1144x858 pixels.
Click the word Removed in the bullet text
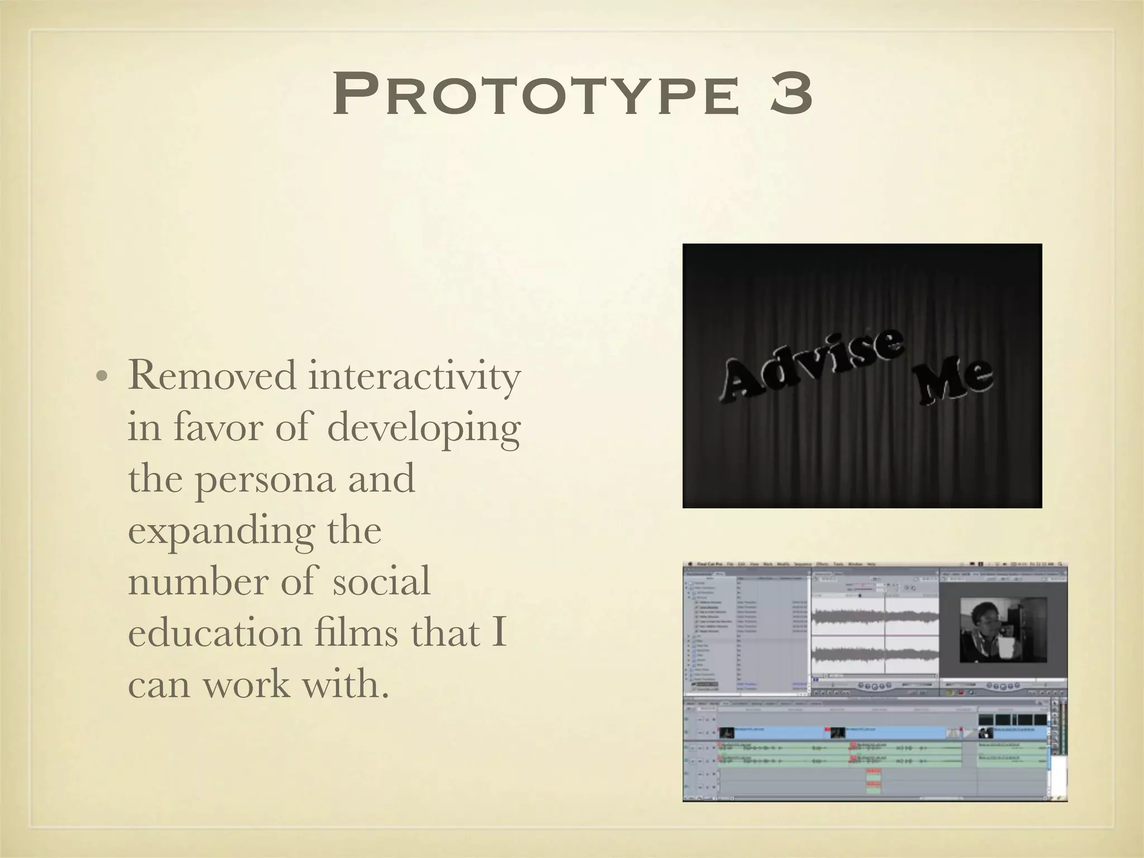[212, 376]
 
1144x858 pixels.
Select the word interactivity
[414, 376]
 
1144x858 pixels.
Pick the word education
[212, 633]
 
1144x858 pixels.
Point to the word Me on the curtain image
[956, 380]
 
